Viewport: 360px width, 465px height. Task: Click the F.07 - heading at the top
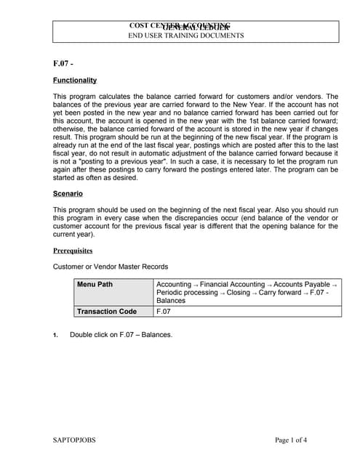(63, 64)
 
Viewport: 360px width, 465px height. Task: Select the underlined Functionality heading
(75, 80)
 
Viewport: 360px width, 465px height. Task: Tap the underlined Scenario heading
(68, 194)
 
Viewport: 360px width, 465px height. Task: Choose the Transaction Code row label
(107, 312)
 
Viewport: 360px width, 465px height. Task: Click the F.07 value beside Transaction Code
(164, 312)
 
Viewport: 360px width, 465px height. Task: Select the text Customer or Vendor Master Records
(111, 267)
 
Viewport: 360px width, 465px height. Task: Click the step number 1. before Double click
(55, 335)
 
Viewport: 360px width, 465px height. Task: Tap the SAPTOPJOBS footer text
(74, 440)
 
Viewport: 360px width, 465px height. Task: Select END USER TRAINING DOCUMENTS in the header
(186, 36)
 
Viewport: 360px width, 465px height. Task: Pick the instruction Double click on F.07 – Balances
(121, 335)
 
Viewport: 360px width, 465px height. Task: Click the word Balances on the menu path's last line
(171, 300)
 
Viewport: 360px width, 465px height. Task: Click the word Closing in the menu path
(239, 292)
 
